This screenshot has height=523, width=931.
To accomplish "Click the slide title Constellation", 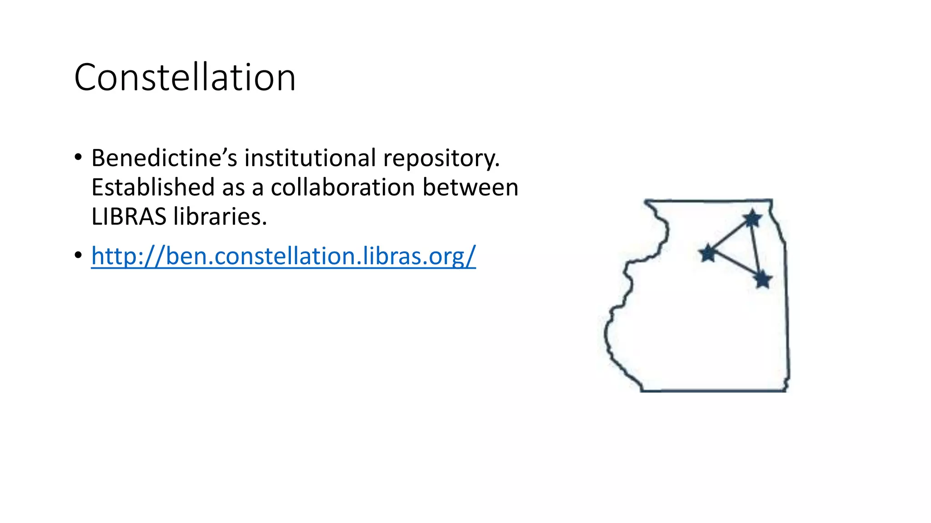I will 185,77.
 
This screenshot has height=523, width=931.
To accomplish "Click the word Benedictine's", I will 164,158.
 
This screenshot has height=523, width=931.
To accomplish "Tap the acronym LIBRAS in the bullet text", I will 129,216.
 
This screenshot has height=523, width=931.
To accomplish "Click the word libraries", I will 220,216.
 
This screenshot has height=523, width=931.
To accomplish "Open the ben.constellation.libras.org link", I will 283,256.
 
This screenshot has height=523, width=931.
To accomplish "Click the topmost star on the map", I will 752,219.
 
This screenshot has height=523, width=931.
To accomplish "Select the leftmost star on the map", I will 708,253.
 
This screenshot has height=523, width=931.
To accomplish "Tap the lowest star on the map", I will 763,279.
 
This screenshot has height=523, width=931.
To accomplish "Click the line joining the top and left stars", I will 730,236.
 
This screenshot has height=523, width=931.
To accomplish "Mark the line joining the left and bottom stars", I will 736,266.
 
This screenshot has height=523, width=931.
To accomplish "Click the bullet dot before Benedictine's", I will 78,158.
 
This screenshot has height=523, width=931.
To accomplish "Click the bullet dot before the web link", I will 78,256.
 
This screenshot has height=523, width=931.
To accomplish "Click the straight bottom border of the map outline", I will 714,390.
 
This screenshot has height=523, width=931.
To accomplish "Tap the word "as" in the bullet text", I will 234,187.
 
